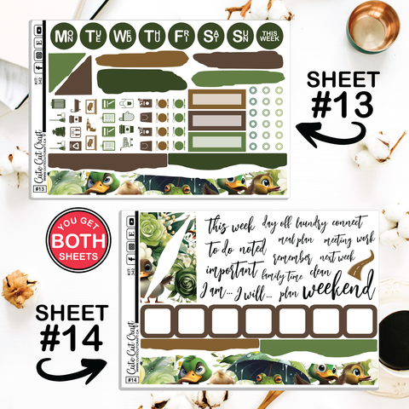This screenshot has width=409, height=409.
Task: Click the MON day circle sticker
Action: [x=62, y=36]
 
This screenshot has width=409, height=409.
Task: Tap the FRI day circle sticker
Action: [x=181, y=36]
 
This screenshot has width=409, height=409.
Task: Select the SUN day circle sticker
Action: [x=240, y=36]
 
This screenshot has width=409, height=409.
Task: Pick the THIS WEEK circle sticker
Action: [x=270, y=36]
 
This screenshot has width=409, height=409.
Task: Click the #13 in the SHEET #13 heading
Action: [x=341, y=107]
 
